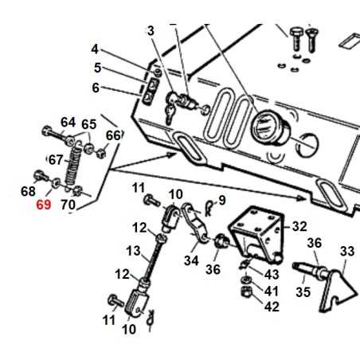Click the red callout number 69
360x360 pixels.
45,206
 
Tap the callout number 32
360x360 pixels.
298,227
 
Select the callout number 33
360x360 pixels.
346,252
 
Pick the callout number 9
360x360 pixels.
221,199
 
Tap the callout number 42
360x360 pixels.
272,306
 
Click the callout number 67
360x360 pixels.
56,159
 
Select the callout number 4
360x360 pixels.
95,49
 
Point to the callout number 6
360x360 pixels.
95,88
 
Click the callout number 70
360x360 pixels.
68,205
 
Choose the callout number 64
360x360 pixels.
68,122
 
